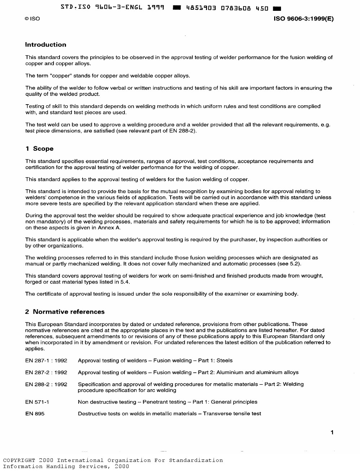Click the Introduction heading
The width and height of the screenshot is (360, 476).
tap(45, 45)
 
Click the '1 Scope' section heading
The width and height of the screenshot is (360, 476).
tap(39, 149)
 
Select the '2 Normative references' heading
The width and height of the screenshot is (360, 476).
tap(65, 312)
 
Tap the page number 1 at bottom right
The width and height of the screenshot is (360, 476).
tap(332, 432)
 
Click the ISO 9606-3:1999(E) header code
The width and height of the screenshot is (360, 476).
tap(304, 19)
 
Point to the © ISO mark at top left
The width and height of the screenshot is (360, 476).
tap(32, 19)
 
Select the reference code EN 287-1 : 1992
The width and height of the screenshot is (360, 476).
tap(46, 360)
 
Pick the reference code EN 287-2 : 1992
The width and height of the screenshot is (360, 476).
tap(46, 372)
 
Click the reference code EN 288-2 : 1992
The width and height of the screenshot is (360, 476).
tap(46, 384)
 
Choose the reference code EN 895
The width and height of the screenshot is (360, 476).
tap(35, 414)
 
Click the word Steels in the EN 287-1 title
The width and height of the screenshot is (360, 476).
tap(224, 360)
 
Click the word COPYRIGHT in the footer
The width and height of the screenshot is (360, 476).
tap(19, 460)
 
